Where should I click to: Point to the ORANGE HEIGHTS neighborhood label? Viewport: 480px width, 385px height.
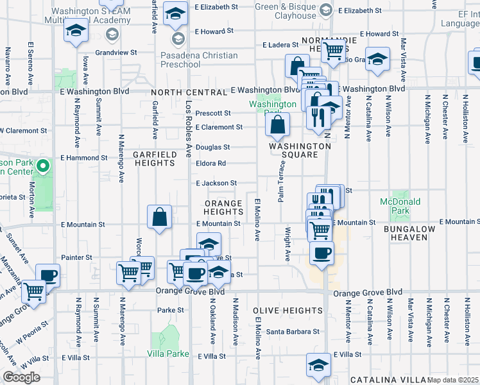[x=223, y=207]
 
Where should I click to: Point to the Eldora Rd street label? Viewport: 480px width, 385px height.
[x=211, y=163]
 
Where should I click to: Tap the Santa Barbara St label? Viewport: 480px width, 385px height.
[x=293, y=332]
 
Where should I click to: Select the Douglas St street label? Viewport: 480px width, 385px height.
[x=212, y=147]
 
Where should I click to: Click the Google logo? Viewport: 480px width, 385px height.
[x=21, y=377]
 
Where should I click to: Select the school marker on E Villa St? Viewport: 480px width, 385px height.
[x=318, y=365]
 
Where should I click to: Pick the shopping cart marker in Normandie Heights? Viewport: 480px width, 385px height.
[x=333, y=50]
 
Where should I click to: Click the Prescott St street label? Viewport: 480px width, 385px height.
[x=213, y=114]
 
